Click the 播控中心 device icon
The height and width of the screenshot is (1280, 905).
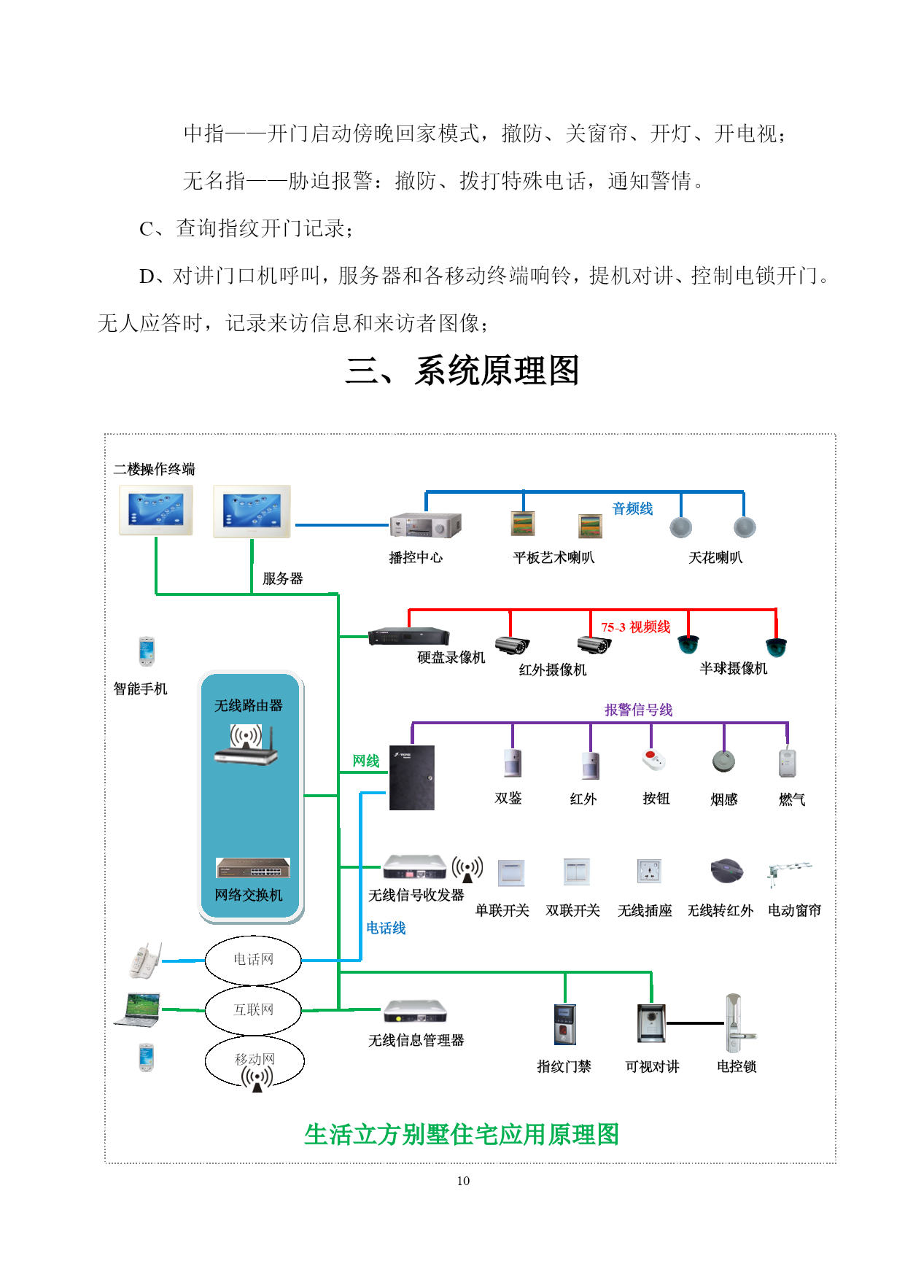(x=425, y=525)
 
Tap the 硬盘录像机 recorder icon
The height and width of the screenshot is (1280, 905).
(x=408, y=637)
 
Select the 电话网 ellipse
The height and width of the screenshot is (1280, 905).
(x=253, y=960)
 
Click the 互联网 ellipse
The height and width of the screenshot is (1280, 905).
(x=253, y=1010)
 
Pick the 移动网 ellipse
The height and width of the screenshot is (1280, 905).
(x=255, y=1060)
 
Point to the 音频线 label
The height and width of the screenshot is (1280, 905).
(x=632, y=508)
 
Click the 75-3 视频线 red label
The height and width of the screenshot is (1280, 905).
(x=635, y=627)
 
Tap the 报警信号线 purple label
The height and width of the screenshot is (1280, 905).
(x=638, y=710)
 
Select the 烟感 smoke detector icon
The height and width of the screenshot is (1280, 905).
(x=723, y=761)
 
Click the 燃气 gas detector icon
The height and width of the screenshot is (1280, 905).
(x=787, y=763)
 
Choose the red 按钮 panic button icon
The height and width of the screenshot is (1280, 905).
(x=654, y=760)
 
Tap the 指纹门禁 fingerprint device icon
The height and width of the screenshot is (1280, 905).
(x=564, y=1024)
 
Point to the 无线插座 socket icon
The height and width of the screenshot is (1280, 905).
(x=649, y=872)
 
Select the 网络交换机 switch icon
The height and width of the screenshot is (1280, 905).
(x=252, y=868)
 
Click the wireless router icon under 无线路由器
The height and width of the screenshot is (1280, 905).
(x=246, y=745)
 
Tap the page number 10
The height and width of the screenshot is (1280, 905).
(x=463, y=1181)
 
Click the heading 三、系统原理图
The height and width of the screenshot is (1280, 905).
(x=462, y=371)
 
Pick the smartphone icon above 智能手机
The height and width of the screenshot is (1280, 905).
(x=147, y=651)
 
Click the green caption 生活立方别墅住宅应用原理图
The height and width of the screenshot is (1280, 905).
(x=462, y=1134)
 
